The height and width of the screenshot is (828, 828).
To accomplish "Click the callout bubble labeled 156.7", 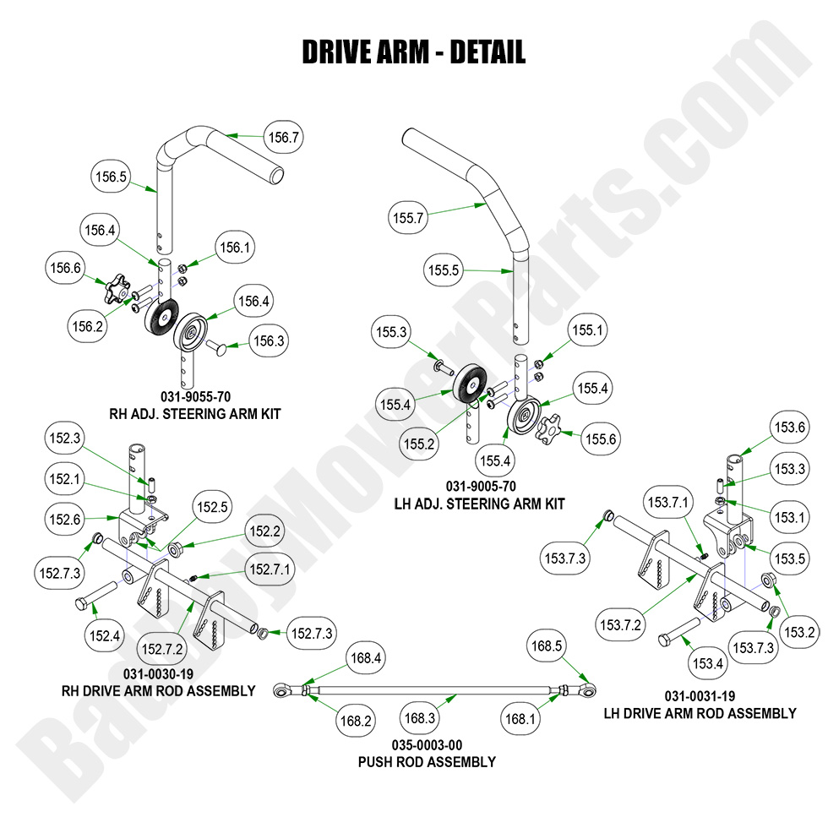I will click(x=284, y=137).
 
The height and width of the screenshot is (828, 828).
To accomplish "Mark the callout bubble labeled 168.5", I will click(x=546, y=646).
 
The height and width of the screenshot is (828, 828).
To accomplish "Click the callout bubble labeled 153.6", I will click(x=789, y=428).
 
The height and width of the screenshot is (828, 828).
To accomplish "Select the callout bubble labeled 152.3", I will click(x=66, y=439).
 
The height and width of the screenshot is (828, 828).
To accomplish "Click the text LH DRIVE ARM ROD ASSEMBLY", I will click(x=700, y=713).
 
